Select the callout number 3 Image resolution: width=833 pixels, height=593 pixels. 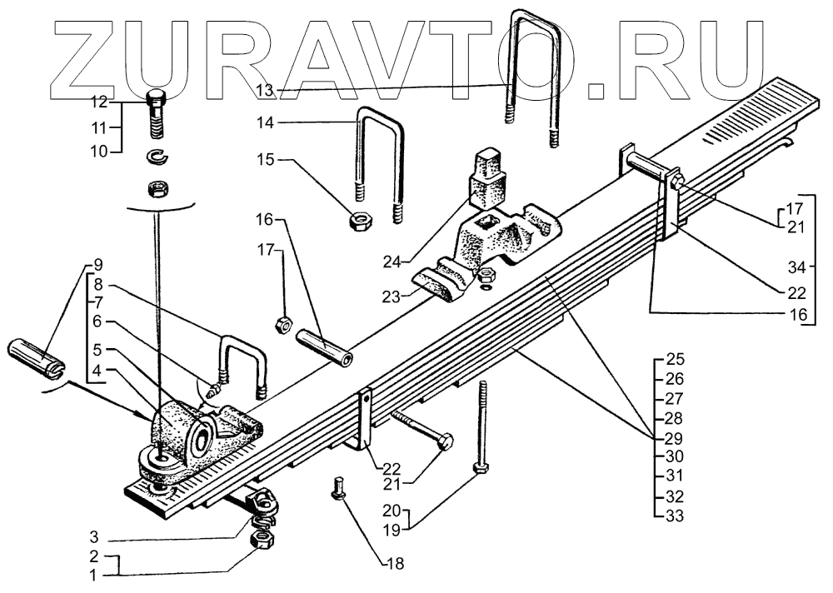point(97,536)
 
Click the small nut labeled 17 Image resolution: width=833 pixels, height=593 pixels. point(282,322)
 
